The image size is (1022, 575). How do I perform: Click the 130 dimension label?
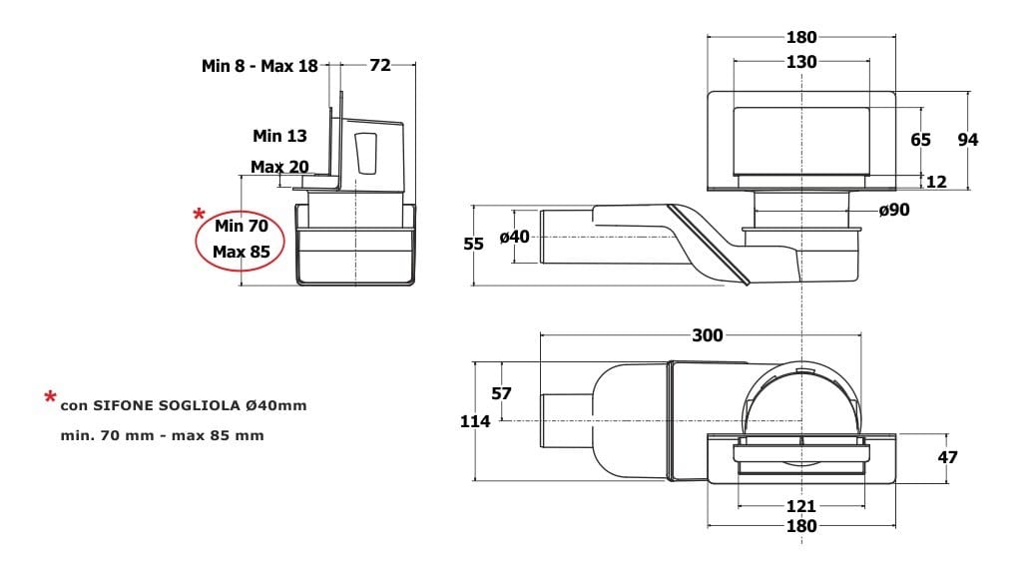point(801,62)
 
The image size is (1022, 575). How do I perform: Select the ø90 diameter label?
point(893,210)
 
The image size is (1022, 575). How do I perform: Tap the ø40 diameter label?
point(514,238)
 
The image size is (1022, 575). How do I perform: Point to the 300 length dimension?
point(708,335)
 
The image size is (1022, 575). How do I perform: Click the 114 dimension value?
point(475,422)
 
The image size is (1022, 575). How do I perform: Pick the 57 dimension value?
point(501,393)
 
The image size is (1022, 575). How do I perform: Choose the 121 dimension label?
point(801,506)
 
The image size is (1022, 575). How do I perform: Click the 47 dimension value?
point(948,457)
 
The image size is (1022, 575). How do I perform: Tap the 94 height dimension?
point(968,140)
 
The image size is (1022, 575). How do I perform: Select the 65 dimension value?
point(920,140)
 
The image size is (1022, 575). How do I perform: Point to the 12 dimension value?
point(936,182)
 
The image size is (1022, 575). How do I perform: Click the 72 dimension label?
point(380,65)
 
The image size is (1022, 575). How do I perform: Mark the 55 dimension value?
point(473,244)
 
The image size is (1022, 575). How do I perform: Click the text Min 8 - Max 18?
point(259,66)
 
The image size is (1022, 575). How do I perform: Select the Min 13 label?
point(279,136)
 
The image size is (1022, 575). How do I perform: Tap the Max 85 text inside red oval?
point(242,252)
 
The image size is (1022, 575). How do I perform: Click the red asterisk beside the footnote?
point(50,397)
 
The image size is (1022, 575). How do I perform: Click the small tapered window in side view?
point(366,153)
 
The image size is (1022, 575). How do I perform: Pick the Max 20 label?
point(279,167)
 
